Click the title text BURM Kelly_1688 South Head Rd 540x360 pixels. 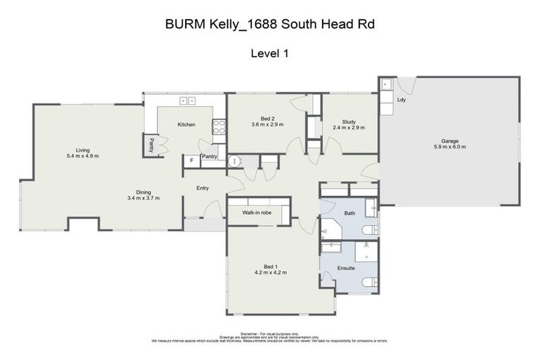[x=269, y=24]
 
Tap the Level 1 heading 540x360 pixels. [x=270, y=53]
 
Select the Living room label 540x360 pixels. [x=83, y=150]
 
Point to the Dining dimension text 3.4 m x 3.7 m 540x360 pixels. [x=143, y=198]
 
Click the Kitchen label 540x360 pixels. [x=186, y=124]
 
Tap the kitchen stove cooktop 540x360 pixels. [x=219, y=127]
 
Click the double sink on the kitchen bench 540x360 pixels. [x=187, y=101]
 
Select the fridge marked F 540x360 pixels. [x=190, y=161]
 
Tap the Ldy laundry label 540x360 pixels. [x=401, y=100]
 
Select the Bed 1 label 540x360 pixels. [x=270, y=266]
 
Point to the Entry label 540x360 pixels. [x=203, y=188]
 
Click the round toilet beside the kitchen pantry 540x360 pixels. [x=235, y=161]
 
